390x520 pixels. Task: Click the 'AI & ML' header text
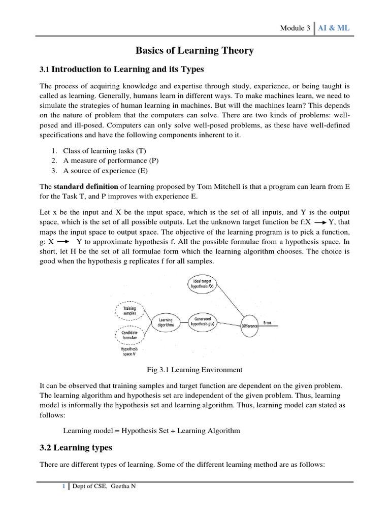pyautogui.click(x=334, y=28)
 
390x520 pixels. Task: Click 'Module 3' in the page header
pyautogui.click(x=295, y=28)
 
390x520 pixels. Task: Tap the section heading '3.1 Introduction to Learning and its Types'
pyautogui.click(x=121, y=69)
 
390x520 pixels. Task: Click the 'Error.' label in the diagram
pyautogui.click(x=269, y=322)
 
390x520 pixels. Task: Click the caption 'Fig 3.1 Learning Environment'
pyautogui.click(x=194, y=370)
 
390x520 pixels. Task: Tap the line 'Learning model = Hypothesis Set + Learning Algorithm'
pyautogui.click(x=151, y=431)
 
